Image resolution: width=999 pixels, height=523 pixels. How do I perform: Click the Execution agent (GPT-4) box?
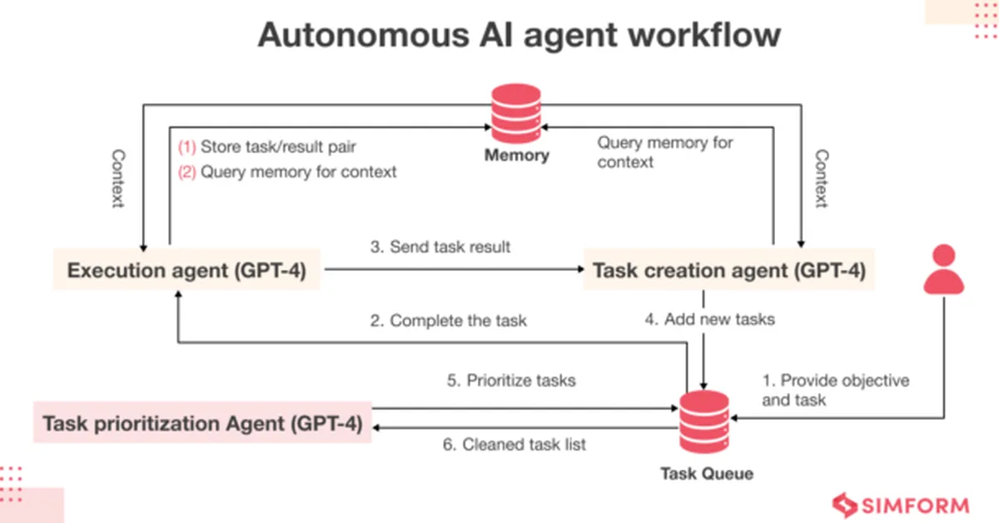[186, 270]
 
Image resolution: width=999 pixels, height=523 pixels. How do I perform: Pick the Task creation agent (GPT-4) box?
[728, 270]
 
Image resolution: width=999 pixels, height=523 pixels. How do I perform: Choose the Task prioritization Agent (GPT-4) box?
[202, 423]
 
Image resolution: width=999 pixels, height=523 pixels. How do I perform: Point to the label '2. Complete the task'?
[448, 320]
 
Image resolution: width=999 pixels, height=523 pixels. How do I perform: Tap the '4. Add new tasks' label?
[709, 319]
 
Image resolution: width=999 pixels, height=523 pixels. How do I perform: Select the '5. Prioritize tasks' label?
[510, 381]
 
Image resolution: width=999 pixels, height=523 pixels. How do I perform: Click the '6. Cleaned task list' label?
[514, 445]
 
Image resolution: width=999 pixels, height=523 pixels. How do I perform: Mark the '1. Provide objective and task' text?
[835, 390]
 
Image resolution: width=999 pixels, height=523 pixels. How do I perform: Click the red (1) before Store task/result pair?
[186, 147]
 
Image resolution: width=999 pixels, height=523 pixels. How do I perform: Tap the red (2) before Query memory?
[186, 172]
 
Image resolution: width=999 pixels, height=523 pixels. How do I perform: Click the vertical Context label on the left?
[117, 179]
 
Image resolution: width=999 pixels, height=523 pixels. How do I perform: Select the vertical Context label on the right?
[821, 179]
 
